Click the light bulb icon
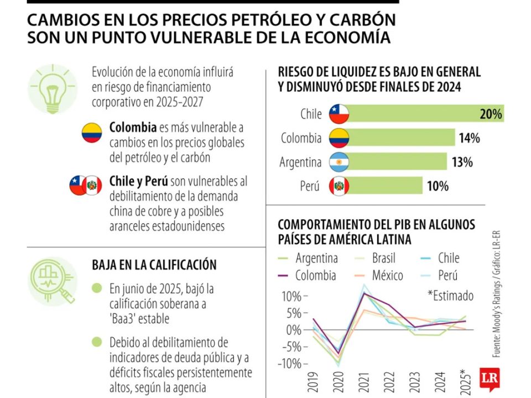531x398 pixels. pyautogui.click(x=53, y=89)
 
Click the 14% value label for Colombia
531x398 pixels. pyautogui.click(x=469, y=138)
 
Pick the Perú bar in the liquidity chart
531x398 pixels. pyautogui.click(x=384, y=186)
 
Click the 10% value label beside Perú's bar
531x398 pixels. pyautogui.click(x=437, y=186)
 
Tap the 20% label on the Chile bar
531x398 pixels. pyautogui.click(x=491, y=114)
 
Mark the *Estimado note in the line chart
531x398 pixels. pyautogui.click(x=450, y=296)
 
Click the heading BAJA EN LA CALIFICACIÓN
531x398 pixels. pyautogui.click(x=154, y=265)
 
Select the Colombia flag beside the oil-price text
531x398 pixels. pyautogui.click(x=91, y=133)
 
